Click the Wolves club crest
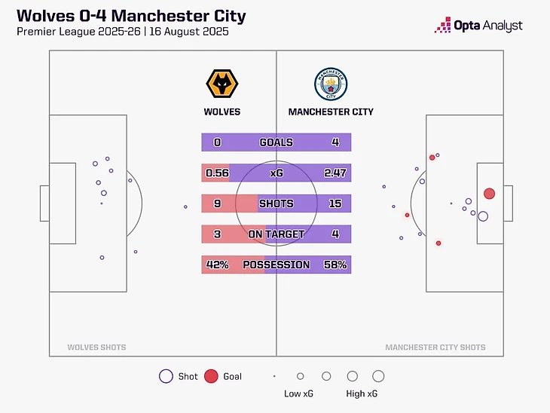[222, 84]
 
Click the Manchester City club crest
[331, 84]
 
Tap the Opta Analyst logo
[478, 26]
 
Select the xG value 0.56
[217, 173]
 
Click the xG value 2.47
[335, 173]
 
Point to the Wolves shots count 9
[218, 203]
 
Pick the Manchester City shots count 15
[335, 203]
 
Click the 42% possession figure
[218, 265]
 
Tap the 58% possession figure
[335, 265]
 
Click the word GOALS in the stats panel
[277, 142]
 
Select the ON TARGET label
[277, 234]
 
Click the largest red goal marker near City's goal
[489, 194]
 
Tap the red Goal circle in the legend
[211, 376]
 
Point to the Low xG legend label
[298, 393]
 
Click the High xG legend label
[362, 393]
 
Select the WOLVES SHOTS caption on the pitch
[96, 347]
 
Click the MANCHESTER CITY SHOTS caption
[435, 347]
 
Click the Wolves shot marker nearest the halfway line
[185, 207]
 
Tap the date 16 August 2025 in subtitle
[189, 32]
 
